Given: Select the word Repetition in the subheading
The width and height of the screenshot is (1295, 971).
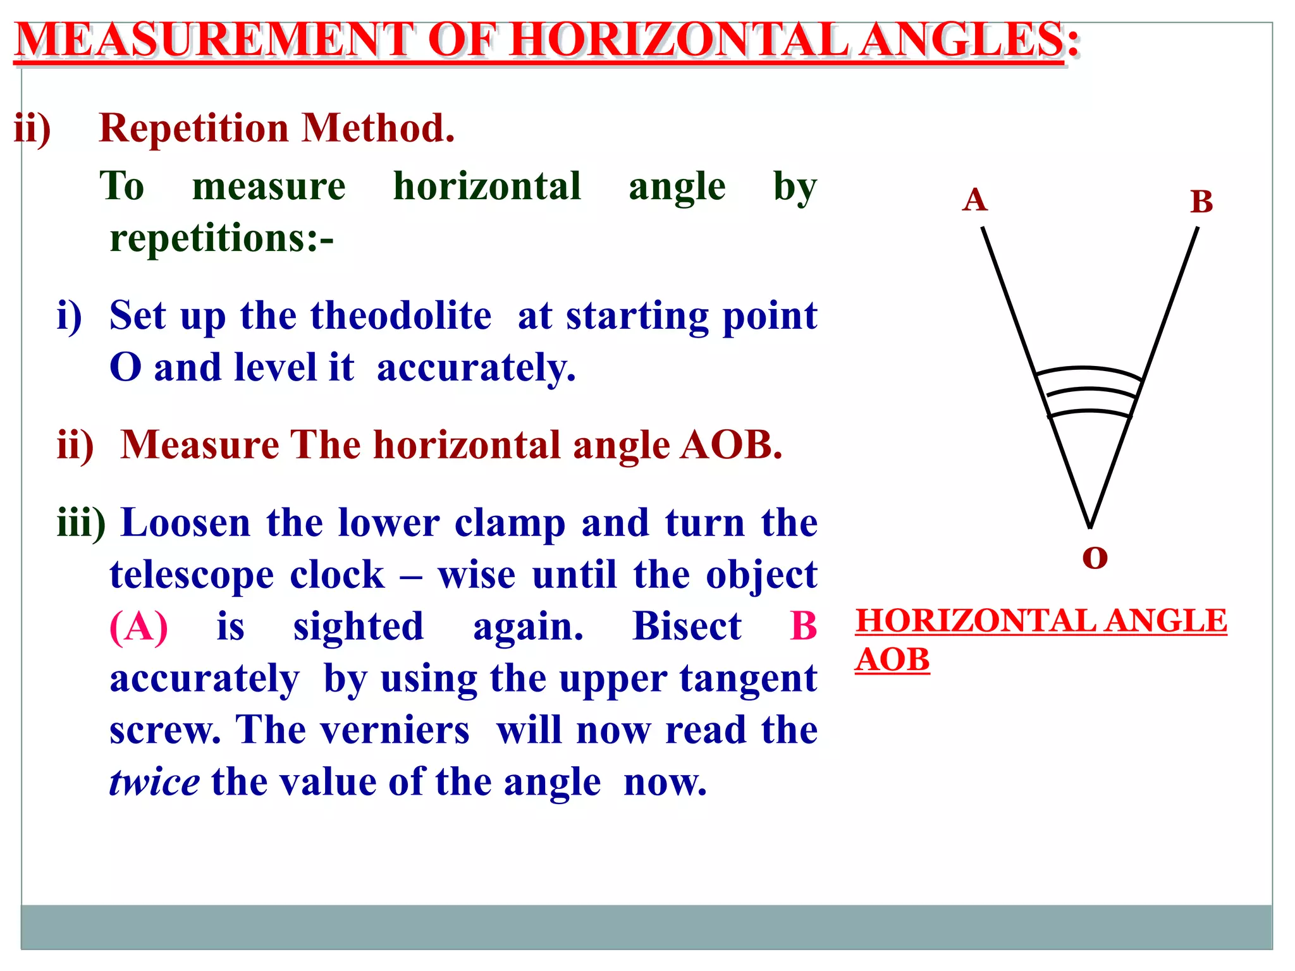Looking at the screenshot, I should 193,128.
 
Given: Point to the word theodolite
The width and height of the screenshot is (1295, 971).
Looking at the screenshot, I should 400,315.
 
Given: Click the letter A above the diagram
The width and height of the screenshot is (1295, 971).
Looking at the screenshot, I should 974,200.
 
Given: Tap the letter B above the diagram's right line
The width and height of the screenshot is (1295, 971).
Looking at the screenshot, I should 1201,202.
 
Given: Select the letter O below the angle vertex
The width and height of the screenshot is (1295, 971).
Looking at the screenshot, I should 1095,558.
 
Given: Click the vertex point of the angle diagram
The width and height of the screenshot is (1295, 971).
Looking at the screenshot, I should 1090,527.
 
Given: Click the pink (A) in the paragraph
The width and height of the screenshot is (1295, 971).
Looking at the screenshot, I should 139,627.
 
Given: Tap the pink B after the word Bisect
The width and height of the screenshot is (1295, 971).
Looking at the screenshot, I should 803,627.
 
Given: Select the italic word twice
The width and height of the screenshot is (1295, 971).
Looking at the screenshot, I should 154,783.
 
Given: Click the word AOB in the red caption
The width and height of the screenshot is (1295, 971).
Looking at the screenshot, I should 892,660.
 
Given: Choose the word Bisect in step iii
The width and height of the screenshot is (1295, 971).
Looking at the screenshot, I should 687,627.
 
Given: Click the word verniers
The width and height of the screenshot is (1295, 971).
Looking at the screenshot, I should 395,731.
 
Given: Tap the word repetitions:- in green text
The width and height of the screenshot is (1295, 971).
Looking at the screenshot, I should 221,239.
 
